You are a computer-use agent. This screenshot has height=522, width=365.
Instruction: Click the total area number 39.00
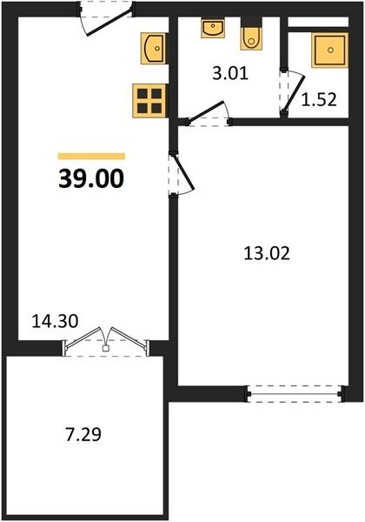(91, 178)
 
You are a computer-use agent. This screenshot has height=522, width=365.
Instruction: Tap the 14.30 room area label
(55, 321)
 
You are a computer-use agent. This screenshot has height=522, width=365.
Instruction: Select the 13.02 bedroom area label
(267, 253)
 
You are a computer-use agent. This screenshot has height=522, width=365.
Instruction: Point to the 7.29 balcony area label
(83, 435)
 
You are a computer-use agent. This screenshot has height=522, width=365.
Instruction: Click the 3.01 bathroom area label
(230, 73)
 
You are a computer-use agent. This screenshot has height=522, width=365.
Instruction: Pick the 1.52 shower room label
(319, 99)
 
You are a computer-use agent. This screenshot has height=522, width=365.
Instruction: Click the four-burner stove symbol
(149, 101)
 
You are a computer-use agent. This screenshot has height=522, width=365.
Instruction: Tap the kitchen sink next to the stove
(153, 48)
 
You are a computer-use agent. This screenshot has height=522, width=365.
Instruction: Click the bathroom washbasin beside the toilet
(212, 28)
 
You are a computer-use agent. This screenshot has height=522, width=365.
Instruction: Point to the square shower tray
(329, 50)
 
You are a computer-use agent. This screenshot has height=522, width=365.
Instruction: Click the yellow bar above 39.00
(91, 156)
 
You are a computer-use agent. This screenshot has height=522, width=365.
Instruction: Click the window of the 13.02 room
(295, 394)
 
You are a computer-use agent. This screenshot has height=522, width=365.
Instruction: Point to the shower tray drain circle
(330, 50)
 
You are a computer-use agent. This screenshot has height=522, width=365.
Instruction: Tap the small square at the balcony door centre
(106, 348)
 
